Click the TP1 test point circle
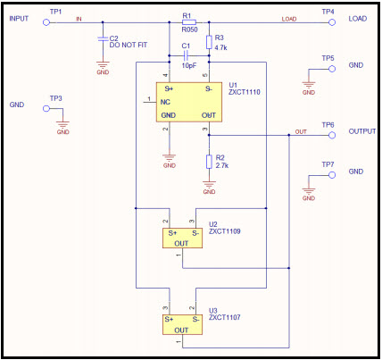46,22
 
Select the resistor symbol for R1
189,21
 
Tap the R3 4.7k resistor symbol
209,42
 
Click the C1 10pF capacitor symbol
186,55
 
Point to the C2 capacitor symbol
103,38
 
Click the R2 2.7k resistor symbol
209,162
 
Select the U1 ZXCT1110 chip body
189,102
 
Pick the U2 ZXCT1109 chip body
182,239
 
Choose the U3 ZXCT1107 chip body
182,325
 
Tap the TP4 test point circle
332,22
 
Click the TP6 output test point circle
332,135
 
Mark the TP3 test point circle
46,108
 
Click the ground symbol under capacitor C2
103,64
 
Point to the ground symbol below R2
209,184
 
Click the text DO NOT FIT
129,45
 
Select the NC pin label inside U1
165,102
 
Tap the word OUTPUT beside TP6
362,131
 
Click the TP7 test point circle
332,175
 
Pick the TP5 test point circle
332,69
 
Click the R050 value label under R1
189,29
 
